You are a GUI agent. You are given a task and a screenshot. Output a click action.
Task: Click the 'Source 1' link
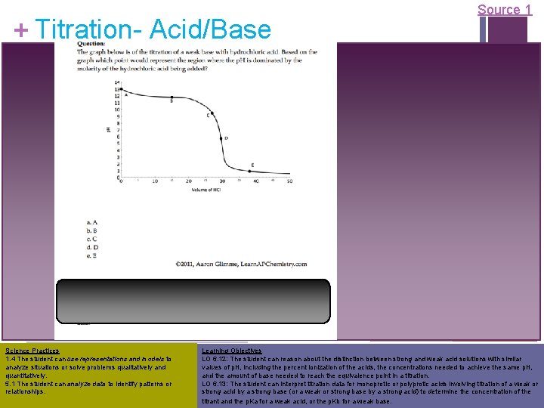coord(499,10)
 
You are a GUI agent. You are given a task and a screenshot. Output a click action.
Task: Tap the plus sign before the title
coord(22,30)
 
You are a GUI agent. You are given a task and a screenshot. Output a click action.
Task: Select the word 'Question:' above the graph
coord(91,44)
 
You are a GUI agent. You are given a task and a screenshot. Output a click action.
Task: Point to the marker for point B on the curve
coord(172,97)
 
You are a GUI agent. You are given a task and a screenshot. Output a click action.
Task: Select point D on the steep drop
coord(221,138)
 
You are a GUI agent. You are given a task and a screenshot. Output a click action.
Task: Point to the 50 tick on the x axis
coord(289,181)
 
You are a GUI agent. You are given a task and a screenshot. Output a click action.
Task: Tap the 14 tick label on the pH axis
coord(116,81)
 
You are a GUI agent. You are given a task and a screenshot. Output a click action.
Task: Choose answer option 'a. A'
coord(91,221)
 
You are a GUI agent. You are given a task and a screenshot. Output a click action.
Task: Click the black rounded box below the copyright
coord(193,301)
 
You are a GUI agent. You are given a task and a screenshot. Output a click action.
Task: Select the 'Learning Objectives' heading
coord(231,351)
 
